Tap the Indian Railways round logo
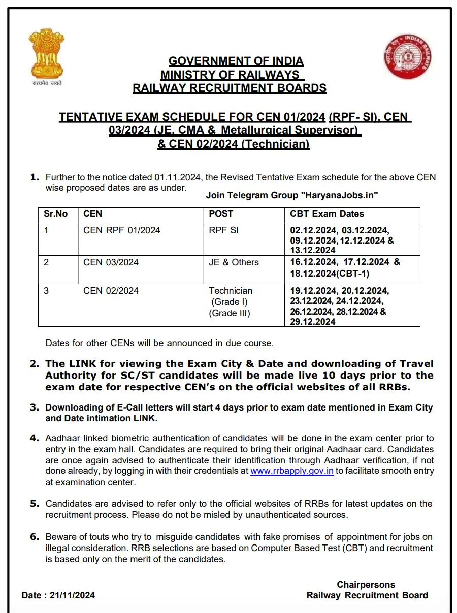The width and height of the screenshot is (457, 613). [408, 56]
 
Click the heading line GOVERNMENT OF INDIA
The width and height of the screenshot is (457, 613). [236, 61]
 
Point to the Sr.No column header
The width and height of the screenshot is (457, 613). [55, 214]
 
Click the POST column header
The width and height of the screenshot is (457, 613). [221, 214]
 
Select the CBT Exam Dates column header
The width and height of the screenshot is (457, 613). [327, 214]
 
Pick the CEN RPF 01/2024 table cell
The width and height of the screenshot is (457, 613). [121, 230]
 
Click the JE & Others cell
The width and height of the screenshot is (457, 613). [234, 262]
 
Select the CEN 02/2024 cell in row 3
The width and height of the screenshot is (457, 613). [111, 291]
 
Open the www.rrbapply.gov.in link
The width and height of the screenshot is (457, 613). [291, 471]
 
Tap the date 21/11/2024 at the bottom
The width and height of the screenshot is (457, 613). [72, 595]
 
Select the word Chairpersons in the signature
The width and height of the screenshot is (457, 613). [366, 585]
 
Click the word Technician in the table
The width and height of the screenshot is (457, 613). [231, 291]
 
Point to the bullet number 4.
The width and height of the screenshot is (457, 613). [34, 438]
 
